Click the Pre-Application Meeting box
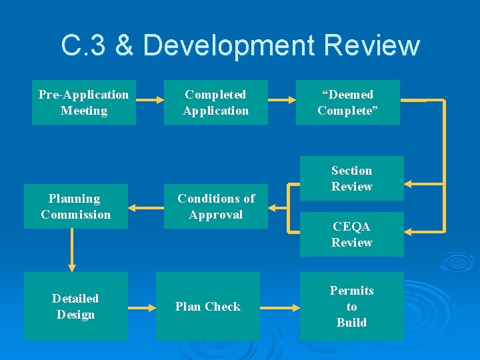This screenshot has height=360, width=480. point(83,103)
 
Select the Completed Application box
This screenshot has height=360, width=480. point(215,103)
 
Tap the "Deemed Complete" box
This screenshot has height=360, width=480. point(347,103)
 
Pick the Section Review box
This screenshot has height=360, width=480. point(351,179)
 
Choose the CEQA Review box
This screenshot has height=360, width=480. point(351,234)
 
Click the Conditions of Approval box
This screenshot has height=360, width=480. point(215,207)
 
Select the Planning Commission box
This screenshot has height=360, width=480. point(75,207)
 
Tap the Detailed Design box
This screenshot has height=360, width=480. point(75,307)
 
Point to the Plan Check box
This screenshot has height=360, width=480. point(207,307)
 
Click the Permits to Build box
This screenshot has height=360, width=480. point(351,307)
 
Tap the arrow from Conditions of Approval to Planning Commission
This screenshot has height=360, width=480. point(145,207)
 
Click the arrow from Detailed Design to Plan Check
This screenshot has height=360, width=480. point(141,308)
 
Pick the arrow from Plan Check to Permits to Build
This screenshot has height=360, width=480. point(280,308)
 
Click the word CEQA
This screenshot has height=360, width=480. point(351,226)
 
